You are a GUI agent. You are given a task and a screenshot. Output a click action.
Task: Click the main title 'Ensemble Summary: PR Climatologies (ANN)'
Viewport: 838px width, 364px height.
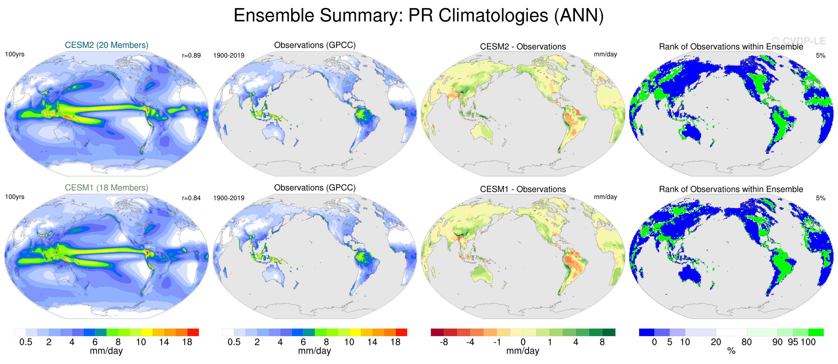418,15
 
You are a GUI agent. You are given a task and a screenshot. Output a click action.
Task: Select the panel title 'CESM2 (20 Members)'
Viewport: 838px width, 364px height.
106,45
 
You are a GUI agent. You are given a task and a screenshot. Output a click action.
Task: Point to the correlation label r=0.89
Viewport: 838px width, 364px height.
191,55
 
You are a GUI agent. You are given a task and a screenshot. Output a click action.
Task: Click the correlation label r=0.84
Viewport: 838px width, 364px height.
191,198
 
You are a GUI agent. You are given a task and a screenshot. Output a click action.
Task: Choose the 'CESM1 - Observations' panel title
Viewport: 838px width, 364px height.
523,189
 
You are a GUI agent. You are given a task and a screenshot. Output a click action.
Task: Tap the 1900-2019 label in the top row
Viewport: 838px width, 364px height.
229,55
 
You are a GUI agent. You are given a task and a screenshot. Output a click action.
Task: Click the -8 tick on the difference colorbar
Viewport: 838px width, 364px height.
444,342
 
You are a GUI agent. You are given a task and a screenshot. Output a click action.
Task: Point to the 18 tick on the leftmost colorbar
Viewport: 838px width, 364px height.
187,342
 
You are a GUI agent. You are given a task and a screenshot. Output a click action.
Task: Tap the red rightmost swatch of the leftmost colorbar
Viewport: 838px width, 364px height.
193,332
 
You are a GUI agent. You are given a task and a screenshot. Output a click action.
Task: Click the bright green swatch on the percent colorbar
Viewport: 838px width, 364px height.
816,332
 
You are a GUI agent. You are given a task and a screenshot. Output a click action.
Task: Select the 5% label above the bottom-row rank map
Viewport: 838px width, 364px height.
820,198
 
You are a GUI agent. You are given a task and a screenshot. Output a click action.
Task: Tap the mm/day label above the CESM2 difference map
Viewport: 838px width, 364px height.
605,54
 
